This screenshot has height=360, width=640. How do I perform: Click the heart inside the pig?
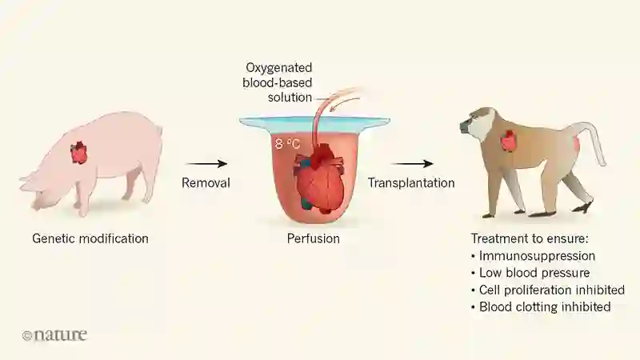78,152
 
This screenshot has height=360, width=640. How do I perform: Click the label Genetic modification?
90,238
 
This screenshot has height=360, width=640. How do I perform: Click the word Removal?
206,183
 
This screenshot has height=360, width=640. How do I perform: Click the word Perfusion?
314,238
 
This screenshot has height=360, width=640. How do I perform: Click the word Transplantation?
411,183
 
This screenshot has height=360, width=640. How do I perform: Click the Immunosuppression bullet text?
537,256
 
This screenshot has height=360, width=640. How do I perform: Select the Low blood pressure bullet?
531,273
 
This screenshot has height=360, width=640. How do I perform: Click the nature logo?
54,335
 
